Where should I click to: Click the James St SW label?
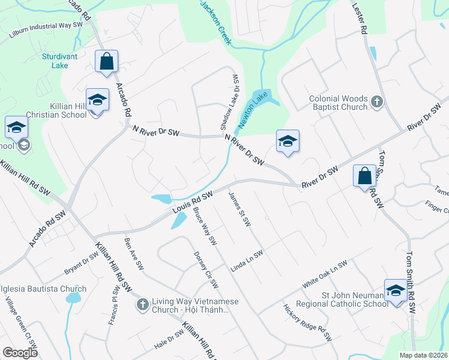coord(240,209)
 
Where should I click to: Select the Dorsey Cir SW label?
coord(206,269)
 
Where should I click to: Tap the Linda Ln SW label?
coord(247,260)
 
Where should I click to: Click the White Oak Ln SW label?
coord(325,274)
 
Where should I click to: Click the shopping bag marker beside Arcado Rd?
coord(106,61)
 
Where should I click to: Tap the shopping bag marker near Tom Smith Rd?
coord(364,176)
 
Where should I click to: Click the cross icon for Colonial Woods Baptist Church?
coord(376,101)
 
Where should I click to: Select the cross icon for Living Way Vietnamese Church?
coord(143,305)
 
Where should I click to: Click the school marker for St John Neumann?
coord(396,291)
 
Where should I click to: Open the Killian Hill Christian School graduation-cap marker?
coord(97,100)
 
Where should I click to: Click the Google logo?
coord(20,353)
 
